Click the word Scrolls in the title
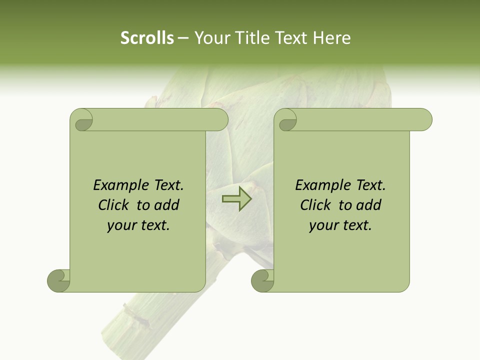tap(147, 38)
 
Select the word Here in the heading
tap(332, 38)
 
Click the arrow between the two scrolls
tap(236, 198)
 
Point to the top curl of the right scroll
tap(287, 120)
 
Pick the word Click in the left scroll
tap(114, 205)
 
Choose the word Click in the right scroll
tap(315, 205)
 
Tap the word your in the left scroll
tap(121, 226)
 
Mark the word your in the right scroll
tap(323, 226)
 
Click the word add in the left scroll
tap(166, 205)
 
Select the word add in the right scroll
tap(368, 205)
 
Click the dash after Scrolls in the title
tap(183, 38)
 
